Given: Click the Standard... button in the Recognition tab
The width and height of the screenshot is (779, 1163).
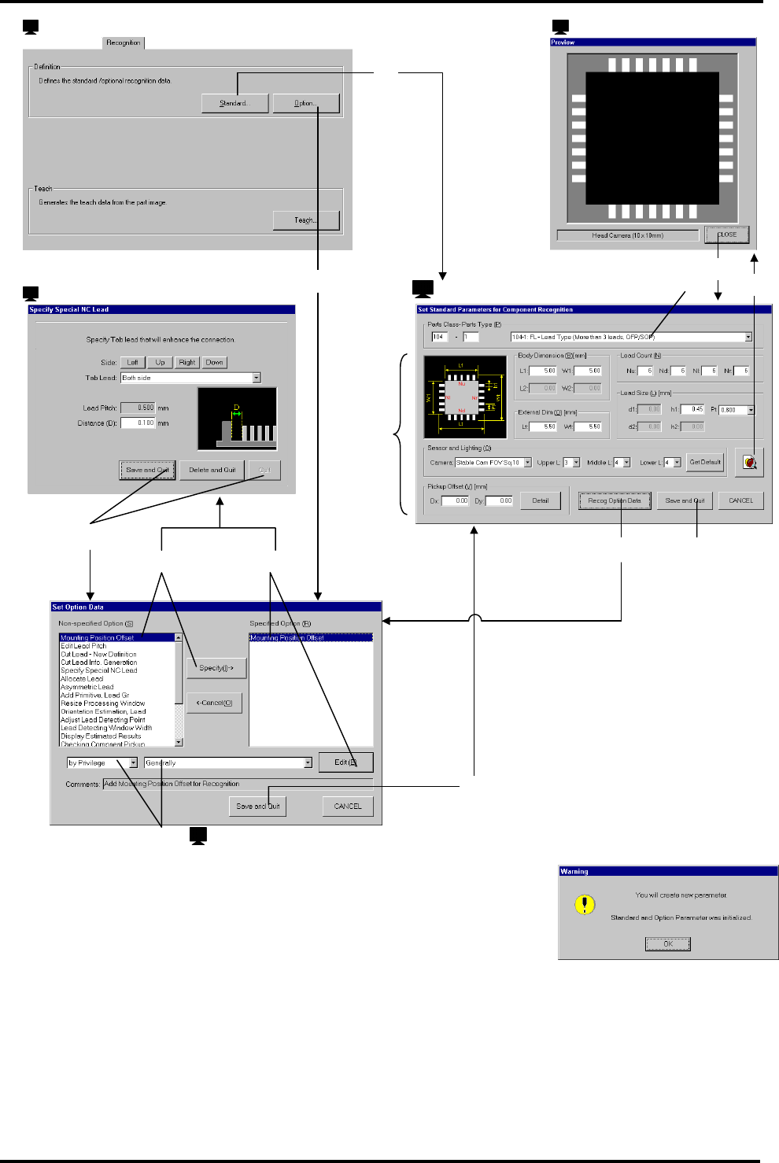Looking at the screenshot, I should tap(234, 103).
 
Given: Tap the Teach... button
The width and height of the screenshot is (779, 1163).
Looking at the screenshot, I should tap(306, 220).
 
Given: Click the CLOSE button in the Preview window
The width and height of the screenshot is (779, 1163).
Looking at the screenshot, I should tap(726, 234).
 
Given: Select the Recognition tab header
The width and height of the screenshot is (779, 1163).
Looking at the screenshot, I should tap(124, 42).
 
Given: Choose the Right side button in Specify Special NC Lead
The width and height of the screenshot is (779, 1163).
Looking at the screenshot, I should tap(186, 363).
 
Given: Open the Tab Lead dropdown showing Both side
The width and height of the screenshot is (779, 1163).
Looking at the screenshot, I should tap(257, 378).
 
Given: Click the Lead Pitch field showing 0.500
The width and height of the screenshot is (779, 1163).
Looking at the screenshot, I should tap(138, 408).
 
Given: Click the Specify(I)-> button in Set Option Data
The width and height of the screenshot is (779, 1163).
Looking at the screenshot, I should tap(216, 668).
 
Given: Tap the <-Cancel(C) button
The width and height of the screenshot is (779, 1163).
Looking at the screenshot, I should tap(214, 703).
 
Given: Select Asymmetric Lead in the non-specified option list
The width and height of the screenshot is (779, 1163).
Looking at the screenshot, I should tap(87, 687).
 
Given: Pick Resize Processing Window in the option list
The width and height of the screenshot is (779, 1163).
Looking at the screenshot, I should tap(102, 703).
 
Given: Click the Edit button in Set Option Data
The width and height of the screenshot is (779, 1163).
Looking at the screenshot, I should tap(345, 762).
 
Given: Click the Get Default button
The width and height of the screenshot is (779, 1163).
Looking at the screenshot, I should tap(705, 462).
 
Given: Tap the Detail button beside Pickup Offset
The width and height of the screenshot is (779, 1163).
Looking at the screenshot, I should tap(540, 500).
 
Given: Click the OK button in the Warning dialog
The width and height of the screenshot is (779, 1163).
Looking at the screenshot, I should tap(667, 943).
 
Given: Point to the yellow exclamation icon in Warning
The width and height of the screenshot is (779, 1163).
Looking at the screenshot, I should tap(585, 905).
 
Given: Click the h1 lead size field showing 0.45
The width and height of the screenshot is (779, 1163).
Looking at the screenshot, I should tap(692, 409).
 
